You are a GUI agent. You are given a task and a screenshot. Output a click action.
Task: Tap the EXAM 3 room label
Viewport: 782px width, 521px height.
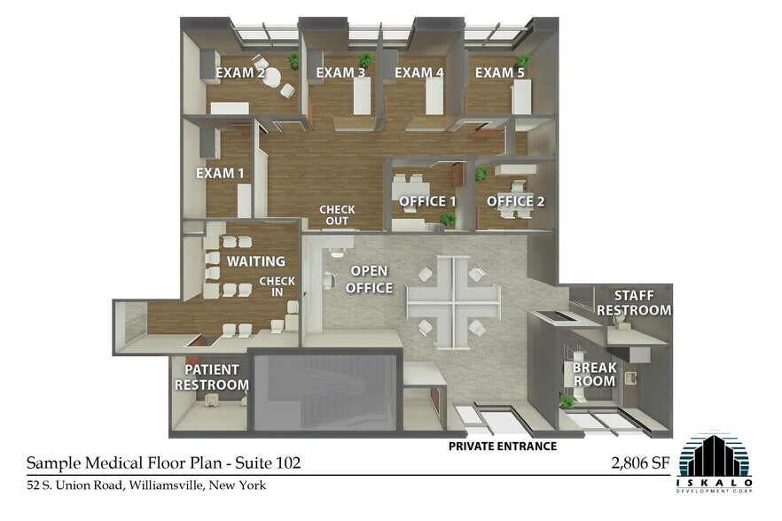point(340,73)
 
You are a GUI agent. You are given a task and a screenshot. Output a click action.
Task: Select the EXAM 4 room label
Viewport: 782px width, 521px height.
point(418,73)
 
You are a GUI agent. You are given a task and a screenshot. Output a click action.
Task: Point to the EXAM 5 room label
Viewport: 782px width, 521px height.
point(499,73)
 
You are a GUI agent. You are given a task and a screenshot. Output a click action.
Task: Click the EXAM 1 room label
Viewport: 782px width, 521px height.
point(220,173)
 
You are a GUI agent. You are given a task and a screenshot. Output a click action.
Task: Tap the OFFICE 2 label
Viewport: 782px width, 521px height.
point(515,201)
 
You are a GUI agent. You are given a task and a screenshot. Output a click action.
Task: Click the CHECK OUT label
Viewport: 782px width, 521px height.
point(337,215)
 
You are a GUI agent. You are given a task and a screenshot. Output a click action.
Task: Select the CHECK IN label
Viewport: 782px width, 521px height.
point(270,287)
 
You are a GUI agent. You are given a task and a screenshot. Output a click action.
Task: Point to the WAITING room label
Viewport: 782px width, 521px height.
point(255,261)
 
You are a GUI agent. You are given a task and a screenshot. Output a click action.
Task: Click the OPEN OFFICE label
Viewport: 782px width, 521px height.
point(369,278)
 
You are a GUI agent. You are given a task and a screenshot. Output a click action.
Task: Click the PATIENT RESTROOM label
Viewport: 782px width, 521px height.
point(211,377)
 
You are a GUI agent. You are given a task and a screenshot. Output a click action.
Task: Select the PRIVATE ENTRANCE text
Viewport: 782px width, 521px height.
point(502,446)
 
